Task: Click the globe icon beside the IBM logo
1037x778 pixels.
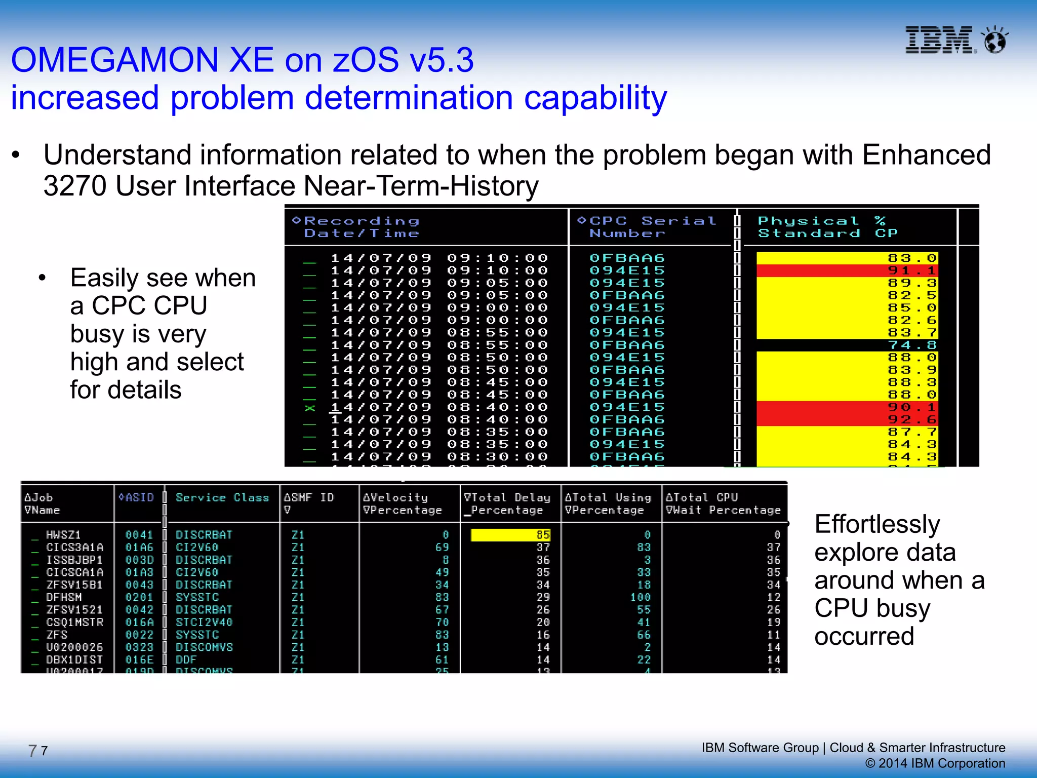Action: tap(994, 40)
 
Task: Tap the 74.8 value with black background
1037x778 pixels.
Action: tap(912, 345)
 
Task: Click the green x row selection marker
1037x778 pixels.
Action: tap(309, 408)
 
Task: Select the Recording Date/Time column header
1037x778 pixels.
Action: tap(362, 227)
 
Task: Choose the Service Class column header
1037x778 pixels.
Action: tap(222, 497)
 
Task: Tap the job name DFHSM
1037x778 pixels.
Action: tap(64, 597)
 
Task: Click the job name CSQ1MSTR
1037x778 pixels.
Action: tap(74, 622)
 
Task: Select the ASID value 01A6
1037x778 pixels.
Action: tap(139, 548)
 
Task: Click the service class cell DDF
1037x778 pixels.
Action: tap(186, 659)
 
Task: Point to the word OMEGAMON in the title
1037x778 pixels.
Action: tap(114, 60)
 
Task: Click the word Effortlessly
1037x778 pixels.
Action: tap(877, 524)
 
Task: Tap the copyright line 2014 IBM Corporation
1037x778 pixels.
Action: tap(935, 763)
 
